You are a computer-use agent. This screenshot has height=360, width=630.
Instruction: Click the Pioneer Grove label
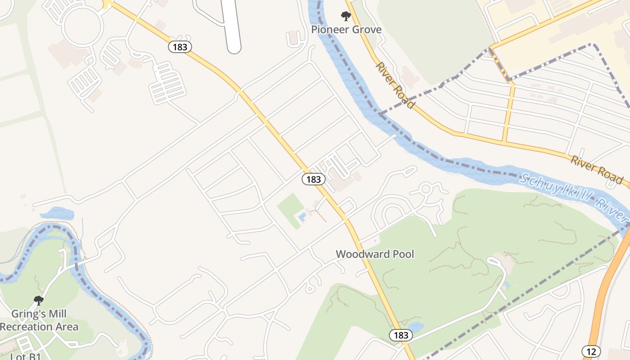[346, 30]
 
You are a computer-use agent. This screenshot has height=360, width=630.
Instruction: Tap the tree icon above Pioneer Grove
[346, 17]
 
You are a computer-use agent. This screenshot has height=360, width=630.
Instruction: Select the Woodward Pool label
[375, 254]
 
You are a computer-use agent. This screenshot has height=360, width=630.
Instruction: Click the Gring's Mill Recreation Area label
[39, 320]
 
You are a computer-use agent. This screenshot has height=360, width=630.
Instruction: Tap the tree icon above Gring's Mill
[39, 300]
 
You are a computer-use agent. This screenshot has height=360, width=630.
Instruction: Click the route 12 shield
[591, 351]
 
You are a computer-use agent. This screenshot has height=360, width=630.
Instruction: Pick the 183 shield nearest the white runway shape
[180, 46]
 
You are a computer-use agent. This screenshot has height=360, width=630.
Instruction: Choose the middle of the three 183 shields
[313, 179]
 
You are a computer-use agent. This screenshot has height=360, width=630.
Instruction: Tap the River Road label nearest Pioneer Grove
[394, 85]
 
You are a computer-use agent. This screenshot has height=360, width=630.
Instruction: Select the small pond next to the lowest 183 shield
[415, 326]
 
